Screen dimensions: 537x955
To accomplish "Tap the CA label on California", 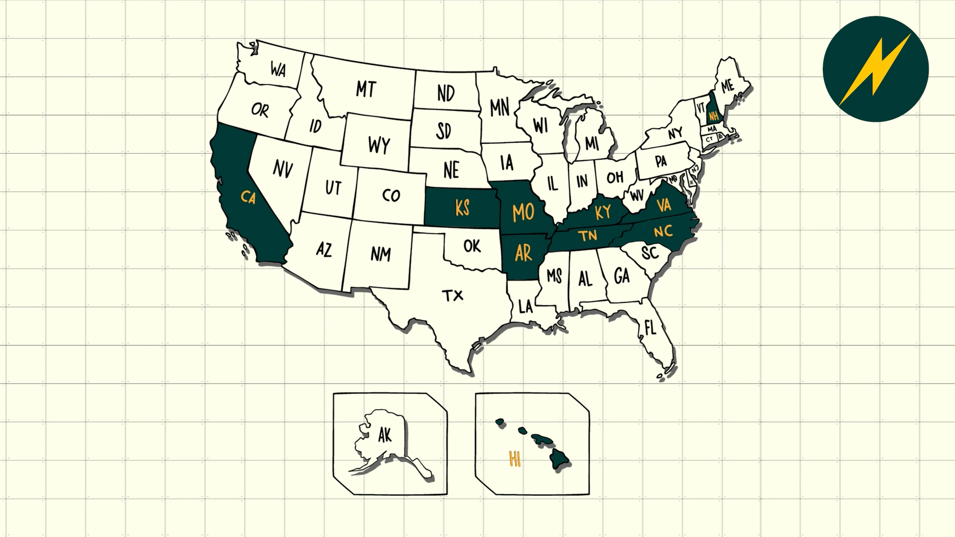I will coord(248,197).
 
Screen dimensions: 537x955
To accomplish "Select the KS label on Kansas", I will coord(462,208).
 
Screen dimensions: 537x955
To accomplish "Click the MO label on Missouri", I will coord(523,213).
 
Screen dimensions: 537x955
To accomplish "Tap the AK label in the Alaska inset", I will coord(384,436).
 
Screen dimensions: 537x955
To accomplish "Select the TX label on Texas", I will coord(453,296).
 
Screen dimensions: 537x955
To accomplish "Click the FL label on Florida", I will coord(650,328).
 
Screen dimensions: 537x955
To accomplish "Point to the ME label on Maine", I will coord(727,86).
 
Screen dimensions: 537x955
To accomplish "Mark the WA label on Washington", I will coord(278,70).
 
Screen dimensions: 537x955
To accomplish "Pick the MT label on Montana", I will coord(366,89).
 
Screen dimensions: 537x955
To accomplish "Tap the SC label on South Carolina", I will coord(650,253).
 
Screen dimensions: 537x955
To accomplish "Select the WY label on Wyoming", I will coord(379,146).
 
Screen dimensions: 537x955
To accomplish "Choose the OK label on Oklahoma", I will coord(472,246).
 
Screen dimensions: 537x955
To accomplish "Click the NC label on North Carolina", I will coord(663,231).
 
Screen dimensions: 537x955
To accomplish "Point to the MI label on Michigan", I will coord(592,144).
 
